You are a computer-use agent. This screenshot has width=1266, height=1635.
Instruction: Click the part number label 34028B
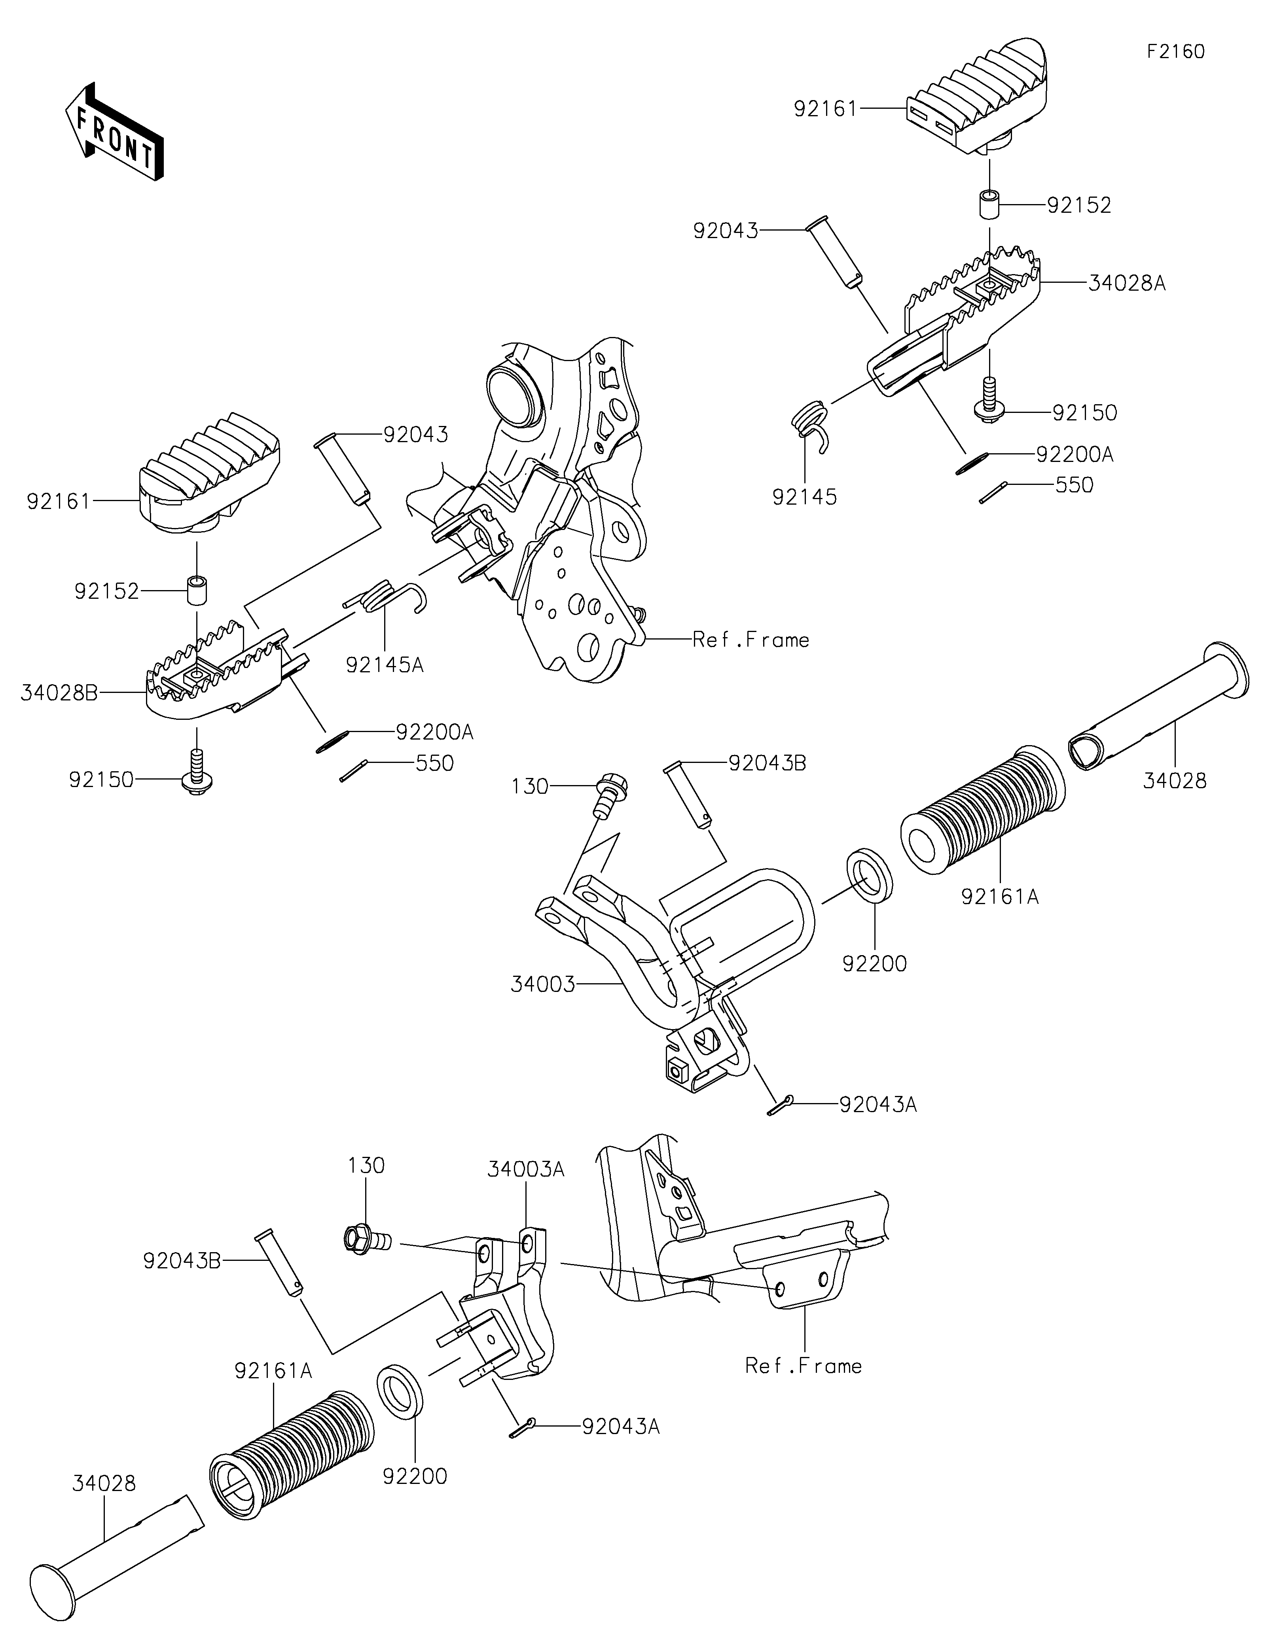click(x=59, y=693)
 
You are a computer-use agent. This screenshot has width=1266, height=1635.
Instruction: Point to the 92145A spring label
click(x=385, y=664)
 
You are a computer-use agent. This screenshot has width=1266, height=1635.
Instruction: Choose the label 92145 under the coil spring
click(x=805, y=497)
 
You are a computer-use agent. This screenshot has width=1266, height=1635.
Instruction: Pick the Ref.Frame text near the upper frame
click(x=751, y=640)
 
